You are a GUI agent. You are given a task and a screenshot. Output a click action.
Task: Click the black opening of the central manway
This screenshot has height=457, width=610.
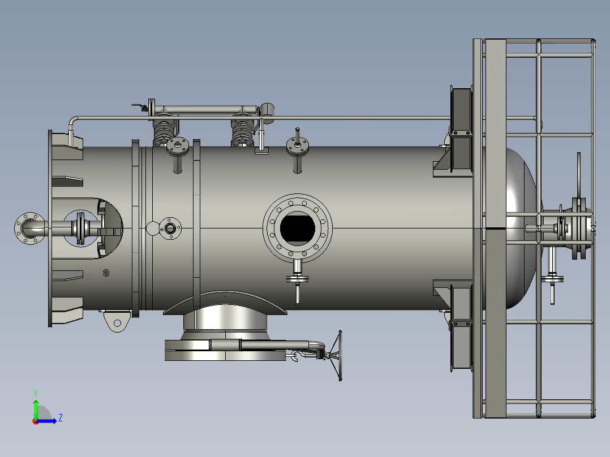point(297,228)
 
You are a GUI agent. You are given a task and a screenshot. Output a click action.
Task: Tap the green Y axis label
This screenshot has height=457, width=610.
point(36,393)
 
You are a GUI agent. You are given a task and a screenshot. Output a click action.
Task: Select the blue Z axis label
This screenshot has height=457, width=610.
point(61,418)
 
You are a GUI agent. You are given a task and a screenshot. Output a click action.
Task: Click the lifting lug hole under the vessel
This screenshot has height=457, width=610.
point(117,323)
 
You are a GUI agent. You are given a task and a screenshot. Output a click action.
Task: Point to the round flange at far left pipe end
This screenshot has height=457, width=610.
point(29,228)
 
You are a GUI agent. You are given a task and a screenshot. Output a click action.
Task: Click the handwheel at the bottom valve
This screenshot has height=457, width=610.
point(336,356)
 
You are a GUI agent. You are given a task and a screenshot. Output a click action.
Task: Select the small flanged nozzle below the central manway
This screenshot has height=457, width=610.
point(298,278)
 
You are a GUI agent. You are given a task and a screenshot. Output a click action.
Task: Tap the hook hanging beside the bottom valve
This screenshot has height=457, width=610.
point(294,356)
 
